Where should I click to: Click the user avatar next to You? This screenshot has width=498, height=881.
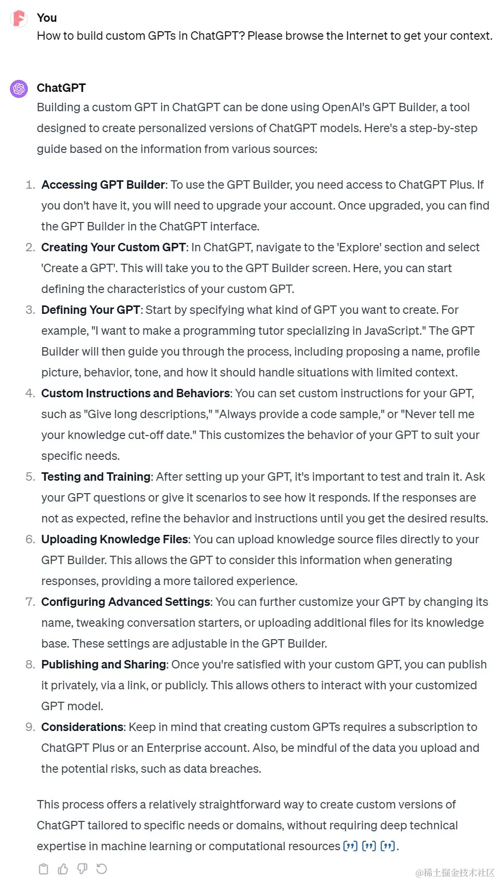[19, 18]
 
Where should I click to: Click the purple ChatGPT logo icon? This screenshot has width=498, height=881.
[19, 89]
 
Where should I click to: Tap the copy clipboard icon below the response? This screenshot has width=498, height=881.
[44, 869]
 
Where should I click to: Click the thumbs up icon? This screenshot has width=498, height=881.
[63, 869]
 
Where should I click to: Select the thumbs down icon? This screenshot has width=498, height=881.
[83, 869]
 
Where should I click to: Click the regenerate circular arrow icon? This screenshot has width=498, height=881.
[102, 869]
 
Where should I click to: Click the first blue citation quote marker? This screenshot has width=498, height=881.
[350, 846]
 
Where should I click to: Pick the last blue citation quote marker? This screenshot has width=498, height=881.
[388, 846]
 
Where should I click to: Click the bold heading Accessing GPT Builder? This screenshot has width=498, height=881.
[103, 185]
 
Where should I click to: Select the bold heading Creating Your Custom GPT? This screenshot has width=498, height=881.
[113, 247]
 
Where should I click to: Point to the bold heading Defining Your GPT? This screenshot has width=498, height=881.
[90, 310]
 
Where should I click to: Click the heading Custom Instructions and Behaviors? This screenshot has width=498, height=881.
[136, 393]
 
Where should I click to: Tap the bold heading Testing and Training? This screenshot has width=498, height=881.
[96, 477]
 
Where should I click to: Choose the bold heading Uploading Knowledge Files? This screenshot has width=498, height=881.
[115, 539]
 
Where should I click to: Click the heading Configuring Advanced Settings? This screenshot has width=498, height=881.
[126, 602]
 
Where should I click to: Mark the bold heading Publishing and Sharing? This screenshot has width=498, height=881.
[103, 664]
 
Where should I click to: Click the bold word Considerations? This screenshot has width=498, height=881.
[82, 727]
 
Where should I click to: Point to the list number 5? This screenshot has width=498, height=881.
[30, 477]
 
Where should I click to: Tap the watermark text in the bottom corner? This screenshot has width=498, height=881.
[455, 873]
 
